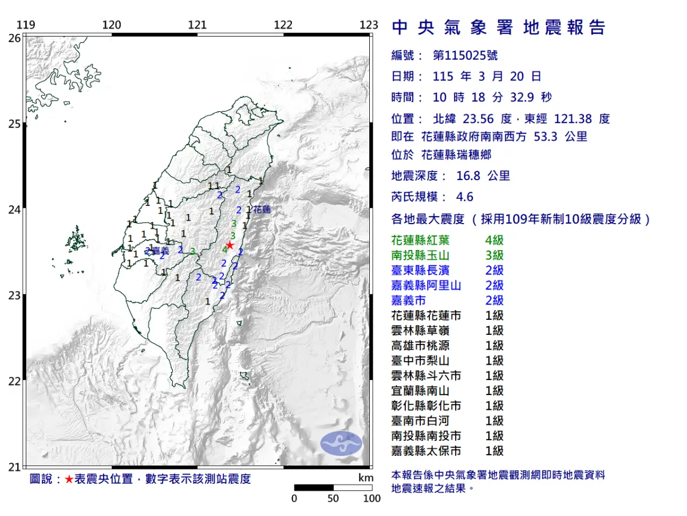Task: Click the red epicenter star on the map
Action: click(x=230, y=245)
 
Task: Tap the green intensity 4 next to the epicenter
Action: click(x=225, y=249)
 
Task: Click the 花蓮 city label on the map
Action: click(x=262, y=210)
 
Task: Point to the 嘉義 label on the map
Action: click(x=160, y=251)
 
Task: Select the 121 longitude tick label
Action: click(x=198, y=25)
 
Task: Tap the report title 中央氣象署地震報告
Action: click(x=498, y=28)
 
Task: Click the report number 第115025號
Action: click(x=465, y=56)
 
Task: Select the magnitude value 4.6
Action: click(x=464, y=197)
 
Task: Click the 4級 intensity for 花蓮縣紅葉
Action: click(x=494, y=240)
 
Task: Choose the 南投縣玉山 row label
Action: click(x=418, y=255)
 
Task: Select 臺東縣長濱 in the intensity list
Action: click(x=418, y=271)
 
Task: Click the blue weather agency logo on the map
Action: click(x=341, y=444)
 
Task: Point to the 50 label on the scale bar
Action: click(x=333, y=498)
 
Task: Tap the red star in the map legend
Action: click(x=69, y=479)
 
